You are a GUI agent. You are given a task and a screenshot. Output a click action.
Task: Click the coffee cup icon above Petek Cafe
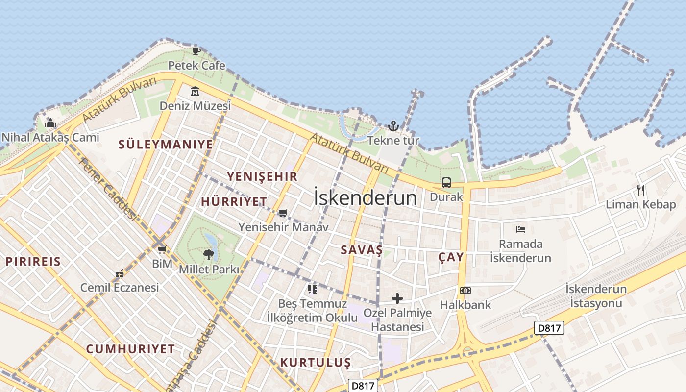click(x=196, y=51)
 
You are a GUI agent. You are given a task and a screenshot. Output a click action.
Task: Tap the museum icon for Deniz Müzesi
click(x=195, y=92)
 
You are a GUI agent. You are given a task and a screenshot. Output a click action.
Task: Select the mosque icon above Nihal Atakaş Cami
click(x=50, y=122)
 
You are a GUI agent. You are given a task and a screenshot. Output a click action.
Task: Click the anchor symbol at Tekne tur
click(x=393, y=126)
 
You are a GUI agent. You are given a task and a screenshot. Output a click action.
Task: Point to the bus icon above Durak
click(x=446, y=183)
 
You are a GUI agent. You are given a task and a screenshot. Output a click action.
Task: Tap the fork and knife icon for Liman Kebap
click(x=640, y=190)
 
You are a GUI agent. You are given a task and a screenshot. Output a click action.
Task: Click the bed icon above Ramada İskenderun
click(x=520, y=229)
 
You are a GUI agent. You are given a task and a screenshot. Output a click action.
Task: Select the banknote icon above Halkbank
click(x=465, y=291)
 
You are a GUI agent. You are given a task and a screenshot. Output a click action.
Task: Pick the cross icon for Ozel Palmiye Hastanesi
click(x=397, y=298)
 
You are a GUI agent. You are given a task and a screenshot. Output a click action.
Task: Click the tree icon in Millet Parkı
click(x=209, y=254)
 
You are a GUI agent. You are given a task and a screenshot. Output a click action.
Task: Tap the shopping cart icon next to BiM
click(x=162, y=249)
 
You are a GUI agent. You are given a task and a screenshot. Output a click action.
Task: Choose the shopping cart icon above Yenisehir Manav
click(x=283, y=213)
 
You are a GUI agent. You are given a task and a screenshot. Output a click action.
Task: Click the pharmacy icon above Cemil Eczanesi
click(x=120, y=273)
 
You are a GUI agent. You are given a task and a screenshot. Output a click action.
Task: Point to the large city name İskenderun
click(x=365, y=198)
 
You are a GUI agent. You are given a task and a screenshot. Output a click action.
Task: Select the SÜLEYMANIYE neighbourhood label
click(x=166, y=145)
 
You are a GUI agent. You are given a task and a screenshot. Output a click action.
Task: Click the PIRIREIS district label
click(x=33, y=262)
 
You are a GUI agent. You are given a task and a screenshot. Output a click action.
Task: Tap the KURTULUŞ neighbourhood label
click(x=316, y=363)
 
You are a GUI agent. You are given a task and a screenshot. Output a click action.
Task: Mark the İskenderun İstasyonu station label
click(x=596, y=296)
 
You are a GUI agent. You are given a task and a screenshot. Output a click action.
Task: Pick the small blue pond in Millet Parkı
click(x=212, y=240)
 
